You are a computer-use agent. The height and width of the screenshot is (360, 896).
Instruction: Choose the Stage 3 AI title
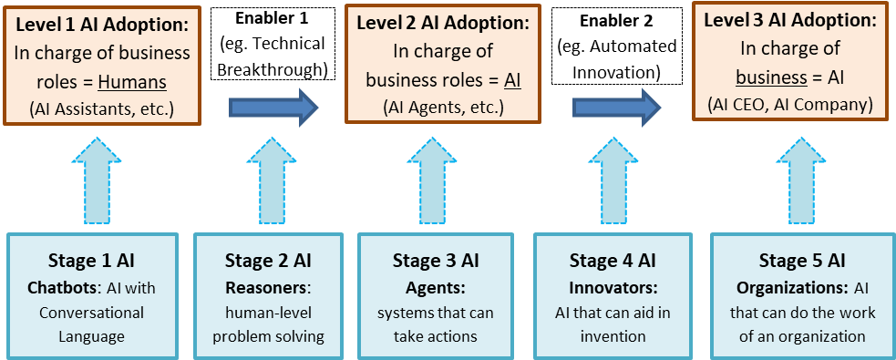pos(436,262)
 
